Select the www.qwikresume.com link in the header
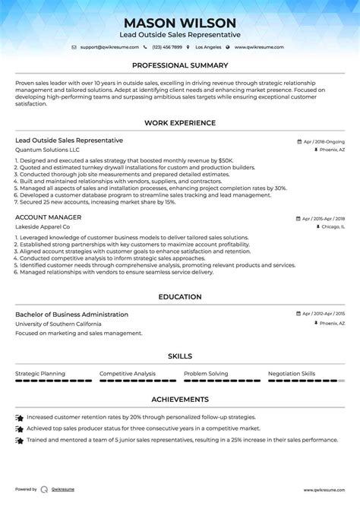259,47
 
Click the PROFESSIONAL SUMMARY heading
180,66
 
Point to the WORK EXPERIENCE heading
180,122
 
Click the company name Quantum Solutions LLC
47,150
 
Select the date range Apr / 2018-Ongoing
323,141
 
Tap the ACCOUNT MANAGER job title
48,217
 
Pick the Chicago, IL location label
331,226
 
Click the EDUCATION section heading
180,296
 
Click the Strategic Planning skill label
40,374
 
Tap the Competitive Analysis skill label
128,374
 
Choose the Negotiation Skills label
292,374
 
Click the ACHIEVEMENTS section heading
180,399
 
